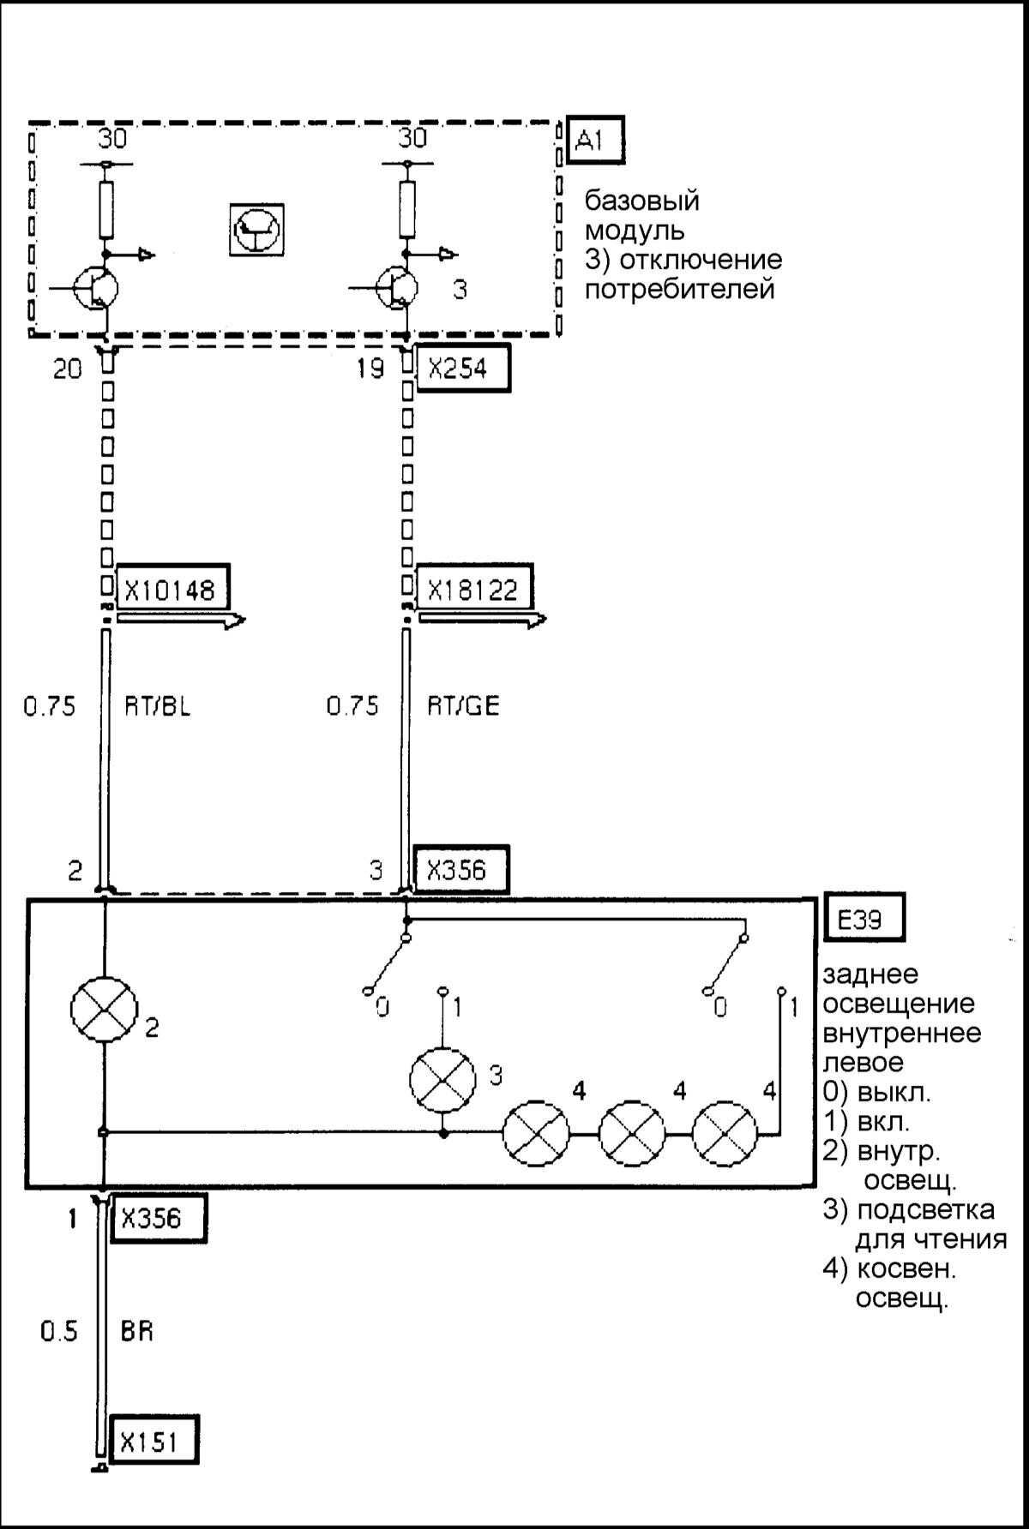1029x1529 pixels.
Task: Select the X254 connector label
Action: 462,369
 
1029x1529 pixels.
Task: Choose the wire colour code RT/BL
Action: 153,706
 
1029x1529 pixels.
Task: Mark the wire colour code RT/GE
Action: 463,706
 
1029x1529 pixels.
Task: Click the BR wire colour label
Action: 137,1331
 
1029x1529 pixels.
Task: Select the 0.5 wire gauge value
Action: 58,1331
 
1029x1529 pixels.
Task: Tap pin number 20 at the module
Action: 68,369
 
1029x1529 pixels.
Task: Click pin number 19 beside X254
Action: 370,369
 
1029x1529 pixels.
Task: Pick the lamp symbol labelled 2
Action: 104,1010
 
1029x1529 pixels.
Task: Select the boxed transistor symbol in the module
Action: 256,230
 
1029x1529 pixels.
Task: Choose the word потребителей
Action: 679,289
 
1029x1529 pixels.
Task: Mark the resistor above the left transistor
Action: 106,209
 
